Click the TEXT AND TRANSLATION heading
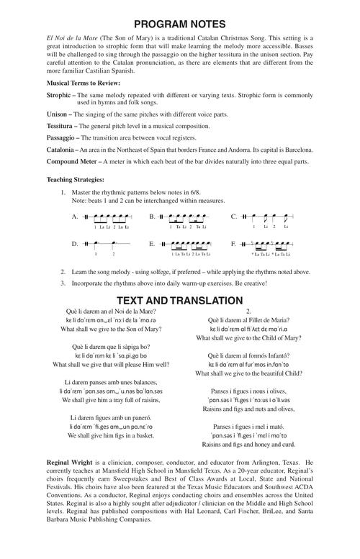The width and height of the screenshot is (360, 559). point(179,300)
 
